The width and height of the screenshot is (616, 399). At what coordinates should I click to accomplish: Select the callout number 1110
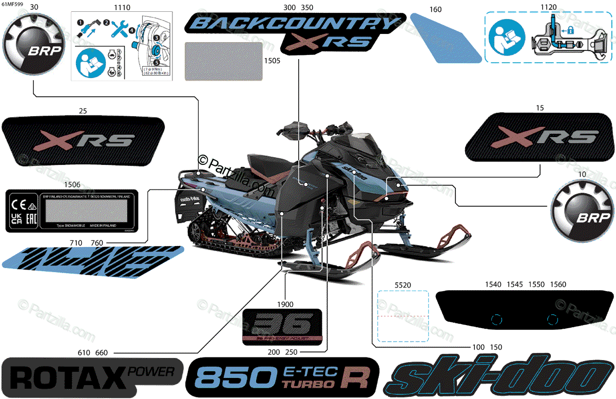(x=121, y=8)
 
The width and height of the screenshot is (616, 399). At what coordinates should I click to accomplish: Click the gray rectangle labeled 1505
(x=223, y=61)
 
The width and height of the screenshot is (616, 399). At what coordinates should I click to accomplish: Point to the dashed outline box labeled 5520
(x=403, y=316)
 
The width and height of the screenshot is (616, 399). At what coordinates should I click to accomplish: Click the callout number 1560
(x=558, y=284)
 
